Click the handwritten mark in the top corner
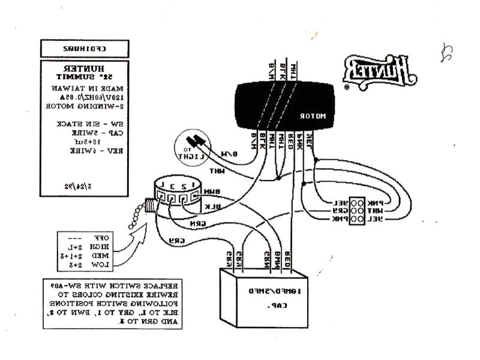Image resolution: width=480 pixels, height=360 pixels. tap(446, 55)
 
